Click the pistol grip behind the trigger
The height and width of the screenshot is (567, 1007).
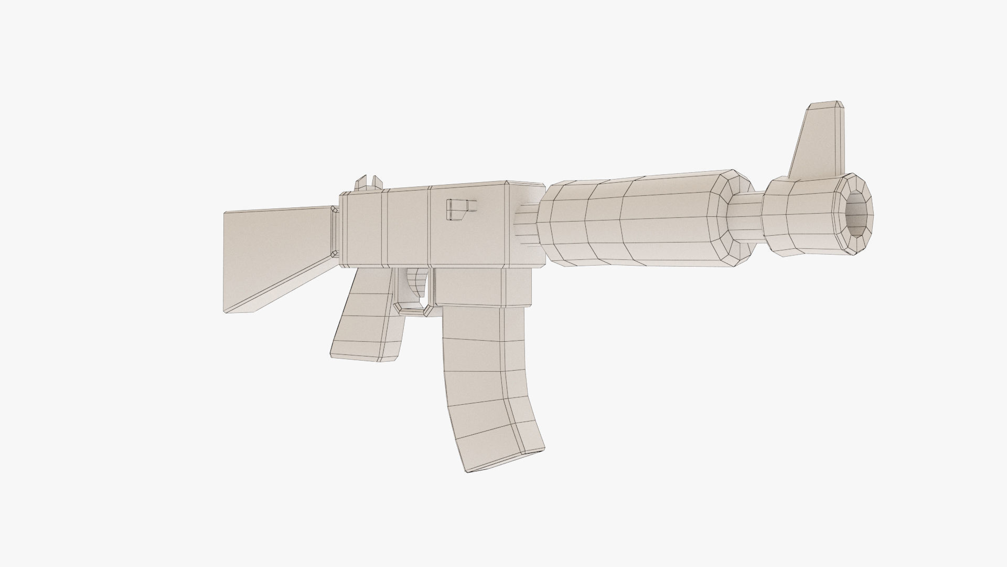367,320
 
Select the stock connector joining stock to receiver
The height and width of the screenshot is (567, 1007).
334,231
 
